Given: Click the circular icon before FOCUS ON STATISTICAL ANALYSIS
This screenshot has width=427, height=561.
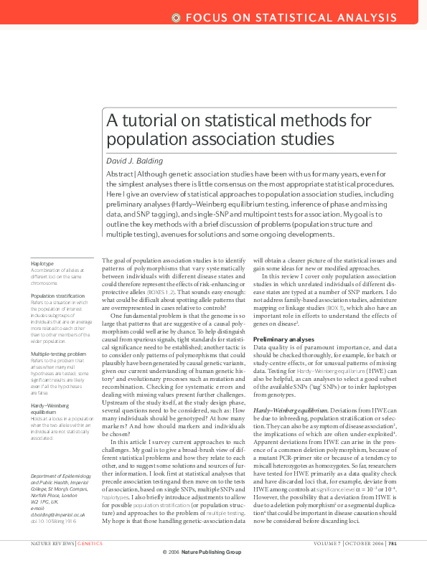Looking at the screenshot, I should tap(177, 16).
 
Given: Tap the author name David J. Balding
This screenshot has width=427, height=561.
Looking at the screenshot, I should tap(136, 160).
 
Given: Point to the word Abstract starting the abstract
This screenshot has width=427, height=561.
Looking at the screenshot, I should tap(119, 174).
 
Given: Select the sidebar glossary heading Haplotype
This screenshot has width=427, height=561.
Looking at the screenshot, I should tap(42, 264).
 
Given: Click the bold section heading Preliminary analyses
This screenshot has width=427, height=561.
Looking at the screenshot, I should tap(283, 338).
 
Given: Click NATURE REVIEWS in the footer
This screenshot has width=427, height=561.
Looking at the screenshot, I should tap(52, 543).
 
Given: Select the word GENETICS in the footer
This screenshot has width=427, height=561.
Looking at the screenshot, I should tap(90, 543).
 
